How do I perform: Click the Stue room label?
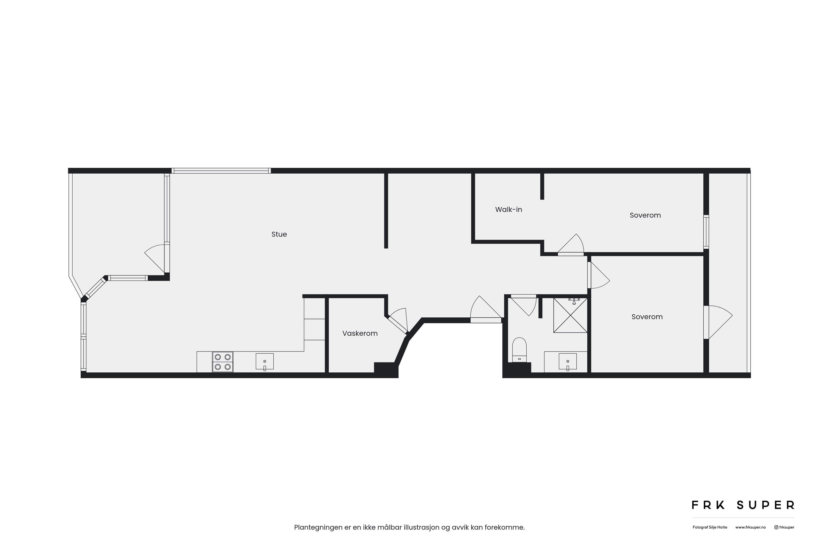(279, 234)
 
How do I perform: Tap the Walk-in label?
(508, 210)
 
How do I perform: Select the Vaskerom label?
(360, 334)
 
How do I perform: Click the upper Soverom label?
(645, 215)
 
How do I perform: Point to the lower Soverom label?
(647, 317)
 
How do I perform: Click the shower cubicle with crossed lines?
(570, 315)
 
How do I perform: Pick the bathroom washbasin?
(568, 362)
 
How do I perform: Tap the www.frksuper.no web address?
(750, 527)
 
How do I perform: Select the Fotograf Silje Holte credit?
(710, 527)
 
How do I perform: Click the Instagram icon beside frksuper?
(776, 527)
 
